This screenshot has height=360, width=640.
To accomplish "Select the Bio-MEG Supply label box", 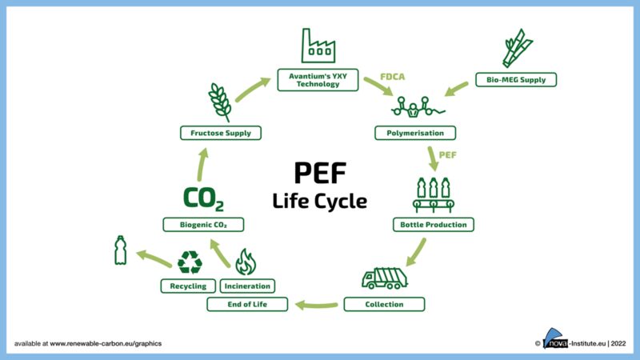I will coord(515,80).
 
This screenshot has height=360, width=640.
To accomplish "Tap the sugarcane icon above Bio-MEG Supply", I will coord(515,47).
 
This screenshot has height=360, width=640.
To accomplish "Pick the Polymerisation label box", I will coord(415,132).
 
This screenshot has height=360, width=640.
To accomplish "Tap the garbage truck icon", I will coord(384,277).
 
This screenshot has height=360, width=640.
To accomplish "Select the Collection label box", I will coord(384,304).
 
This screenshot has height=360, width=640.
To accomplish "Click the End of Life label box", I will coord(247,304).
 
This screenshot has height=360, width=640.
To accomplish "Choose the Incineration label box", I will coord(247,286).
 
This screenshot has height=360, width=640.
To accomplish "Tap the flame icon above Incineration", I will coord(246,262).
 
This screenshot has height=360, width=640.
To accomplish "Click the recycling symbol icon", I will coord(190,262).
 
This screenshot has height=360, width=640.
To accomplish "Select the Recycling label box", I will coord(189,286).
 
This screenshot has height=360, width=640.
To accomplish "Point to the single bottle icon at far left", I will coord(121,250).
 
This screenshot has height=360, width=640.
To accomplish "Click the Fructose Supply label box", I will coord(221,132).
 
